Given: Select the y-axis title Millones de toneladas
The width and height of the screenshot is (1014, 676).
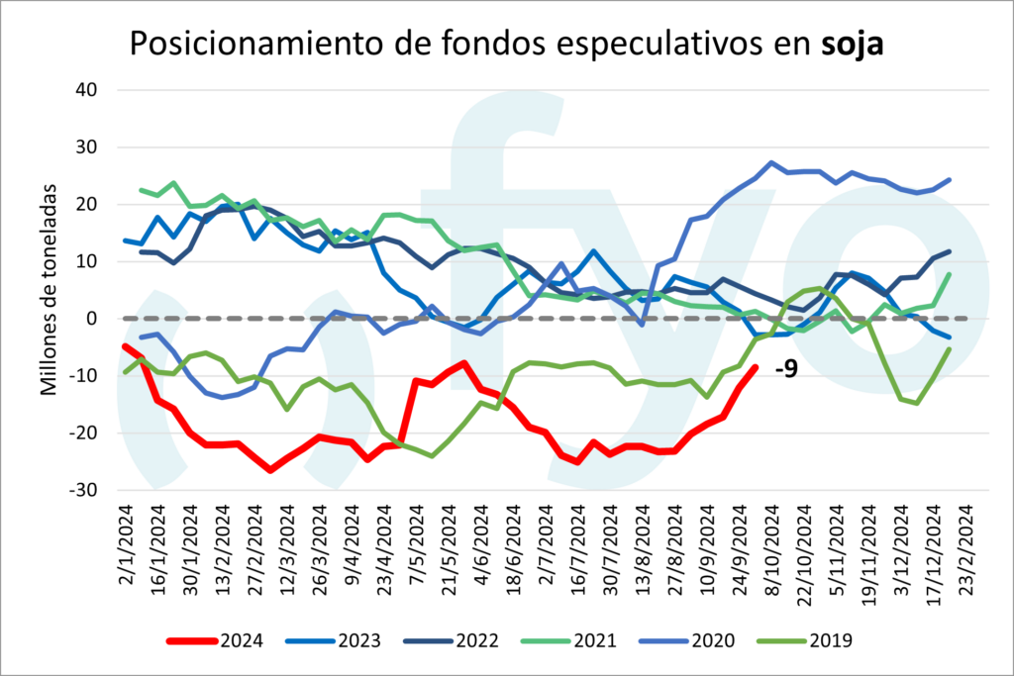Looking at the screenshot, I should (x=48, y=287).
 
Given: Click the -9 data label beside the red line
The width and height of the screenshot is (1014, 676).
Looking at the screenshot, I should (x=787, y=371).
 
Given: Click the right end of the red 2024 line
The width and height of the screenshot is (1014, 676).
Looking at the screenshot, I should (x=756, y=367).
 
